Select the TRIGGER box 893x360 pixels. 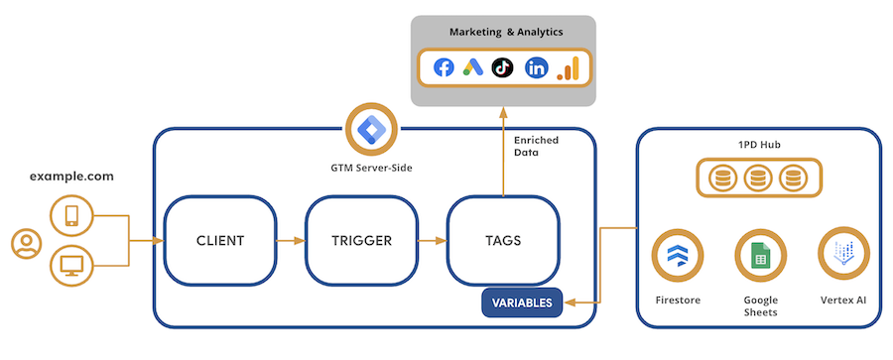(362, 240)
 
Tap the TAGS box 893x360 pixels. (503, 240)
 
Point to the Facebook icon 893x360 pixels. (444, 67)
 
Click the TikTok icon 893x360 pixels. (502, 67)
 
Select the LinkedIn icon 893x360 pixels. (536, 67)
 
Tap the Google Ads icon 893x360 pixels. (472, 67)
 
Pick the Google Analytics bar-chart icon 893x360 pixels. (568, 67)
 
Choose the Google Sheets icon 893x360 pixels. (758, 255)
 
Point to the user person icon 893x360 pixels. (25, 243)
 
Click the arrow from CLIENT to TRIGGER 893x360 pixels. (291, 240)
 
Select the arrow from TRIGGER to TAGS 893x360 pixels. (433, 240)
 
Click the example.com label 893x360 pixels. (71, 177)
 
